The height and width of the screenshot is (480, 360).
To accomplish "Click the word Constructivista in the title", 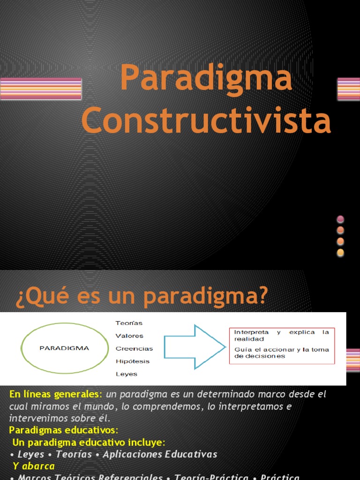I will pos(206,120).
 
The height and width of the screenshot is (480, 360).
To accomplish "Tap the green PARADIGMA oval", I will pos(65,348).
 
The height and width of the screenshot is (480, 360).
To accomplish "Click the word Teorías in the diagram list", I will pos(129,323).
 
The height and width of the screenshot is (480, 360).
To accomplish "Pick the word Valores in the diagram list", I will pos(129,336).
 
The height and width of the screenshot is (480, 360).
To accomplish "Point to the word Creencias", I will pos(134,349).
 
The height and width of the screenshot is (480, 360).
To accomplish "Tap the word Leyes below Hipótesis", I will pos(126,374).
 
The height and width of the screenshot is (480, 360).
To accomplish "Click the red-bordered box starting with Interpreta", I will pos(282,346).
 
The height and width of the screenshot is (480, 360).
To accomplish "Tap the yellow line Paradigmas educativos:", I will pos(64,430).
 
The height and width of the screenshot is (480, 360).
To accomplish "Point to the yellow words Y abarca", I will pos(34,466).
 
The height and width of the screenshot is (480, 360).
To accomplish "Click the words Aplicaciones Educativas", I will pos(160,454).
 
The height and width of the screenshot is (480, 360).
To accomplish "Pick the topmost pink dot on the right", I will pos(340,219).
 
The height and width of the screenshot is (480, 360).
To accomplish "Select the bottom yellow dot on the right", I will pos(340,253).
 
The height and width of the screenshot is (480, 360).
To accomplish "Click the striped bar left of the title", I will pos(40,89).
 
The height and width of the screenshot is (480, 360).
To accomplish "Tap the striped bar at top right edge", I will pos(348,89).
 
